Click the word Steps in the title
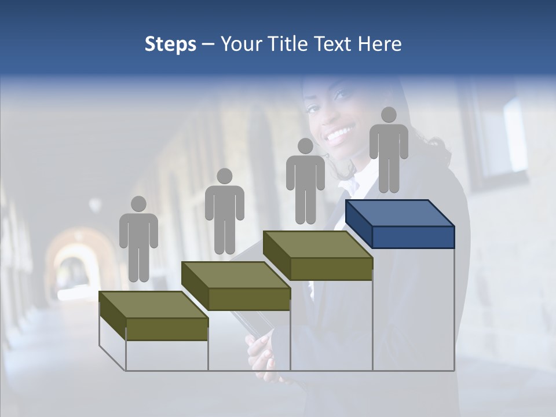pos(170,44)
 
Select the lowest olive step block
pos(154,316)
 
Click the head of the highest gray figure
pos(389,115)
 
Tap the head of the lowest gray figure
pos(138,204)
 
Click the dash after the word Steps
pos(208,45)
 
